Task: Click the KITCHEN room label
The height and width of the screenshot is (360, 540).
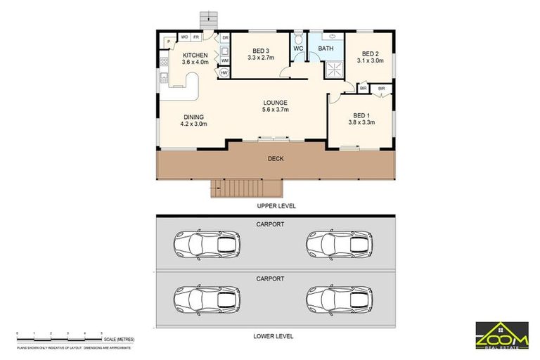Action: [195, 55]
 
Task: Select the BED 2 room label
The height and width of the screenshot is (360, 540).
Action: [371, 54]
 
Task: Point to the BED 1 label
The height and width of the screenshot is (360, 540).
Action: [361, 115]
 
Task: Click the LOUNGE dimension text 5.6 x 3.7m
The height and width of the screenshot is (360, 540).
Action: [275, 110]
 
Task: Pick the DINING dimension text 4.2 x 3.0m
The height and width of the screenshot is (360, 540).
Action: [193, 124]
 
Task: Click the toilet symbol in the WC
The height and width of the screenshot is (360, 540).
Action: [297, 37]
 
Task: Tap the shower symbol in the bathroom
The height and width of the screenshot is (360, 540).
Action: [333, 70]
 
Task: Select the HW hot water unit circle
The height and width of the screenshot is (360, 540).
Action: [224, 72]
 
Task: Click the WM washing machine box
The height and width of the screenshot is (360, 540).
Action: [224, 60]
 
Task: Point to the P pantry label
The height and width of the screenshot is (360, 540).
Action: [169, 43]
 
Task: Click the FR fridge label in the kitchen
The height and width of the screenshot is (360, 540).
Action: [196, 37]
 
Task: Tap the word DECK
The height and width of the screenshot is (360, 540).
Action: [276, 159]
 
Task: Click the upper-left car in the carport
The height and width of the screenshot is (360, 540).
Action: [206, 245]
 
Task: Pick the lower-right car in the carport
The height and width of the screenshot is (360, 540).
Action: [338, 300]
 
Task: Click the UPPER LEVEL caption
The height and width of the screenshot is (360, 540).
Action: [275, 206]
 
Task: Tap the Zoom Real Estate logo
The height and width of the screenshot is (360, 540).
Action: [501, 334]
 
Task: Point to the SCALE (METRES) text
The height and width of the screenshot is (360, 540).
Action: [120, 339]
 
